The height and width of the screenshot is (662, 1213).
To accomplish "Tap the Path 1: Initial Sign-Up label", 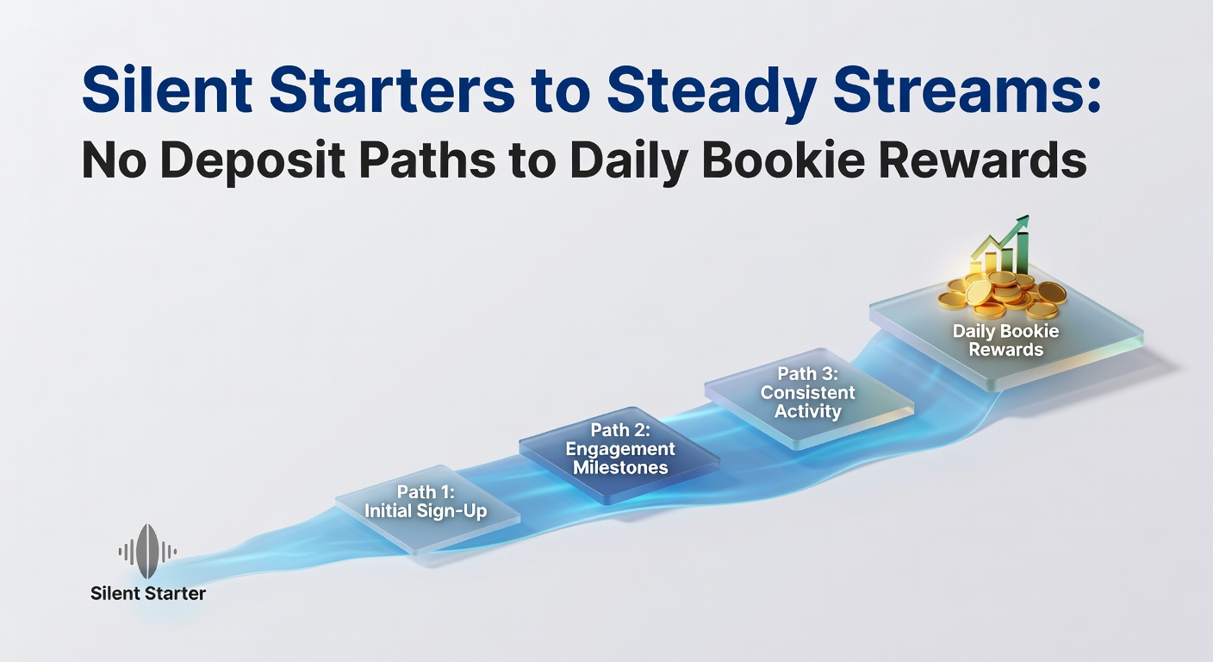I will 426,502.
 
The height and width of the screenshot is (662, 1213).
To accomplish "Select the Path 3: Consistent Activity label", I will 808,392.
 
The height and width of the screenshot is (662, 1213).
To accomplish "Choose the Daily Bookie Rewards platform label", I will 1005,340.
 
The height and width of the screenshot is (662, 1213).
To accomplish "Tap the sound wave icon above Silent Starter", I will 147,551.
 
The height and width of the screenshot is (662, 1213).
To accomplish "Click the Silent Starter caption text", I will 148,594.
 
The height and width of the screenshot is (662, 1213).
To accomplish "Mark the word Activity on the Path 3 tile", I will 808,411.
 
